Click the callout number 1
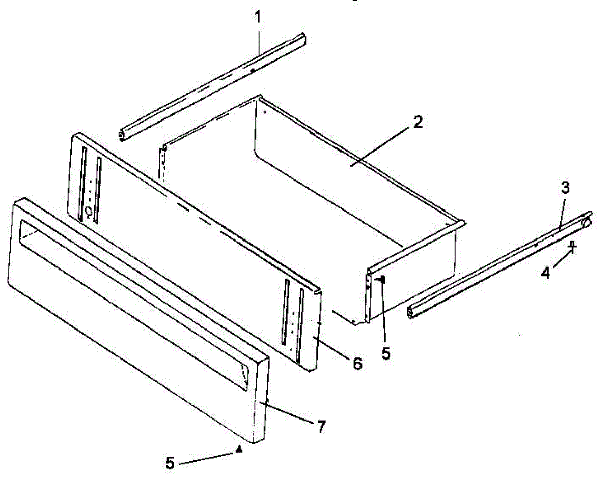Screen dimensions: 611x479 258,17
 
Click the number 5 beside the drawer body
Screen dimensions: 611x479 386,354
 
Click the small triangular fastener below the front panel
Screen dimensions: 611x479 239,448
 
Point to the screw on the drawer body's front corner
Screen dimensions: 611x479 382,279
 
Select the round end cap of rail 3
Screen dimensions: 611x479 587,223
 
